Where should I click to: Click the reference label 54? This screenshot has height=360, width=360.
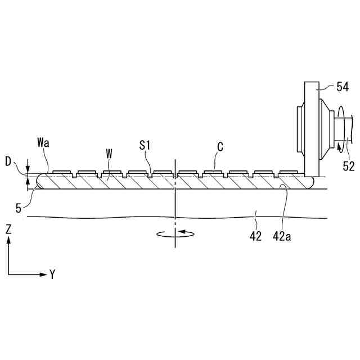(x=343, y=87)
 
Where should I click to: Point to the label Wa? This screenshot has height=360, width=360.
(x=43, y=142)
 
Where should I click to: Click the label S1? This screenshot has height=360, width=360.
(x=146, y=145)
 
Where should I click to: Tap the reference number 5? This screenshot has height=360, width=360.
(x=19, y=208)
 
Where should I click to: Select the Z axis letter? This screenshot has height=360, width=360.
(x=8, y=229)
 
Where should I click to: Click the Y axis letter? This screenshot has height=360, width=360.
(x=52, y=274)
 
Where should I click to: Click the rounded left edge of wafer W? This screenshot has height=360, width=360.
(x=38, y=181)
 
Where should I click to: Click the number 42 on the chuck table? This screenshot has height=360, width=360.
(x=255, y=236)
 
